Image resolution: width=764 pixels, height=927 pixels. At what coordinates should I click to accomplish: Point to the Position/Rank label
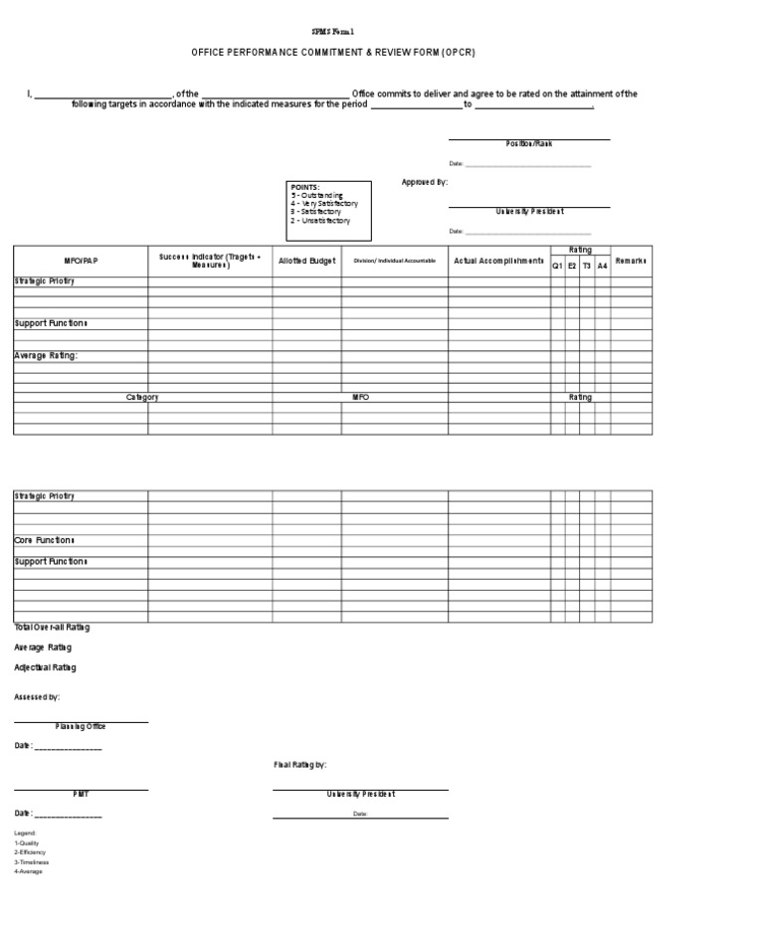(528, 144)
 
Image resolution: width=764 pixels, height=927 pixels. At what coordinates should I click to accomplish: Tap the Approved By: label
(424, 182)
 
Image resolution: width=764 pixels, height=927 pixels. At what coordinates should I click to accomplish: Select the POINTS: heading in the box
(305, 187)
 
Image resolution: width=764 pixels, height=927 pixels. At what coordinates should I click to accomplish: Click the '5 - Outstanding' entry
(317, 195)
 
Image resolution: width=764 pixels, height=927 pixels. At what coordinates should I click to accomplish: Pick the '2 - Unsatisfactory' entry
(320, 220)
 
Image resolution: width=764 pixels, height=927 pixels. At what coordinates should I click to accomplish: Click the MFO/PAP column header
(81, 261)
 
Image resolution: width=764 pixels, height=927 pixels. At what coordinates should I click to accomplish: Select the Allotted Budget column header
(306, 261)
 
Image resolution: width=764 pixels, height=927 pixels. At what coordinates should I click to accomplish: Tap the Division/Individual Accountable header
(394, 261)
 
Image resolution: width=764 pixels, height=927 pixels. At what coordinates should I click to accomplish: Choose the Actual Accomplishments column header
(498, 261)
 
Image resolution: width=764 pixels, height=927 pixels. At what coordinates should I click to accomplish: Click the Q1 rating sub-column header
(557, 266)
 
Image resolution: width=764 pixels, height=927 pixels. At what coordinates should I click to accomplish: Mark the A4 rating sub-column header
(602, 266)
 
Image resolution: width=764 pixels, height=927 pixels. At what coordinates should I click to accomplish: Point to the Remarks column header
(631, 261)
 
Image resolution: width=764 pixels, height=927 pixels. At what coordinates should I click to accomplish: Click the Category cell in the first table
(142, 397)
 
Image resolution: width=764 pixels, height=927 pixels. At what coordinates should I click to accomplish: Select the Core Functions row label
(44, 540)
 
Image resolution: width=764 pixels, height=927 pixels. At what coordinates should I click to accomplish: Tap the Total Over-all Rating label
(52, 627)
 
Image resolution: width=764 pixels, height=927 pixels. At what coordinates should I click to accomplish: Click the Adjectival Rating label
(45, 667)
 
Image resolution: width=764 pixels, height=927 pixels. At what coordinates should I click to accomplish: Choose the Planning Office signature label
(81, 727)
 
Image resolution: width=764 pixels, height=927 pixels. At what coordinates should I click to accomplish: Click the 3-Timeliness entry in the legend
(31, 862)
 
